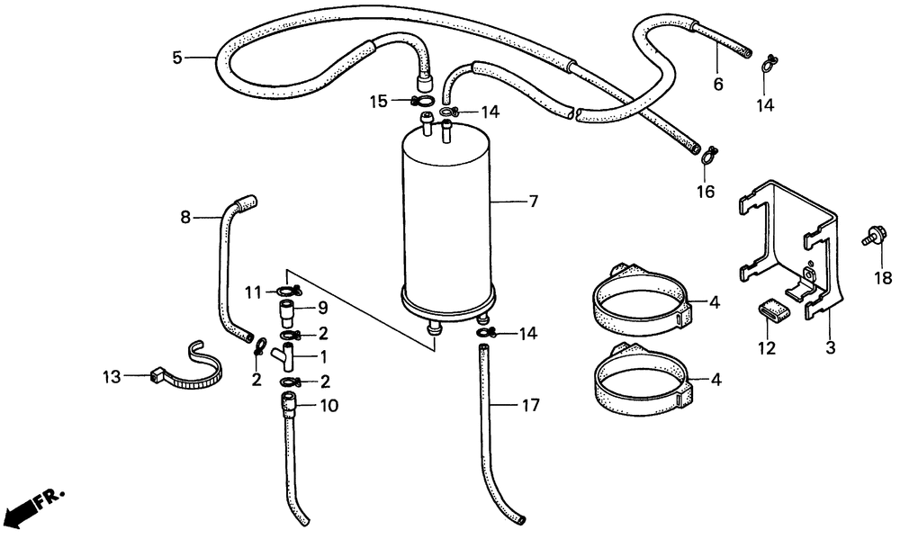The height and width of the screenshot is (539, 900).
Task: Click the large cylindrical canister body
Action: click(447, 225)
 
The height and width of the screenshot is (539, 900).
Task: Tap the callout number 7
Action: click(533, 202)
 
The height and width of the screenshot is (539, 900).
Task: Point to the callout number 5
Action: click(178, 58)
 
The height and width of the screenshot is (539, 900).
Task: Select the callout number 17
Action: click(531, 406)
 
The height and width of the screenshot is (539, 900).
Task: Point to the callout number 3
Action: click(830, 346)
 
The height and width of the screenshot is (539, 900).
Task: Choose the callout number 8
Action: click(185, 216)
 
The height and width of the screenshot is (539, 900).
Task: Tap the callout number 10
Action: click(329, 406)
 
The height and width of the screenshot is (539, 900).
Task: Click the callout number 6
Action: click(718, 85)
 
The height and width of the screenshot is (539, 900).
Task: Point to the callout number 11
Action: click(253, 292)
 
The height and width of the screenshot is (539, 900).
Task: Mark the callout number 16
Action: click(705, 192)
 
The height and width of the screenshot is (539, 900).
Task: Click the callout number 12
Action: click(768, 348)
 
